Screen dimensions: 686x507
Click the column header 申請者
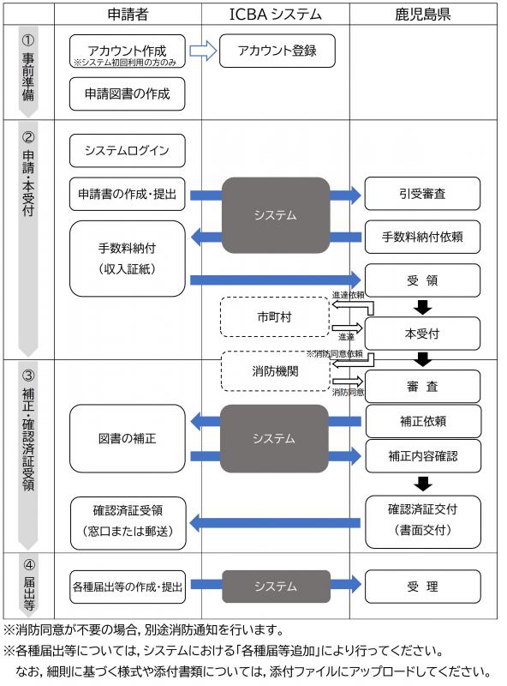128,14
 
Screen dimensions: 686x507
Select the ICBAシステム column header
275,14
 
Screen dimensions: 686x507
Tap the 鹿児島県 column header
422,14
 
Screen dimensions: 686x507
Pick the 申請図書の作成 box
127,94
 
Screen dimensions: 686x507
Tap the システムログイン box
127,151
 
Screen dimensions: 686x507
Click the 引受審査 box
422,195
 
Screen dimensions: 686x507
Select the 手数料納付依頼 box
422,237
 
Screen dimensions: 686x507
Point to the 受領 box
422,280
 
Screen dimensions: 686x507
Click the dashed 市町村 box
275,316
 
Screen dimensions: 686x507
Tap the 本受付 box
422,333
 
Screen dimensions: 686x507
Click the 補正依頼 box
422,422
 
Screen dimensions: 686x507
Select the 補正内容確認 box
422,457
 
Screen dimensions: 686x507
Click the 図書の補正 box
127,437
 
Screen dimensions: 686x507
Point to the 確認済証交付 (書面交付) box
422,520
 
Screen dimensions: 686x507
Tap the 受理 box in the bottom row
422,587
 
